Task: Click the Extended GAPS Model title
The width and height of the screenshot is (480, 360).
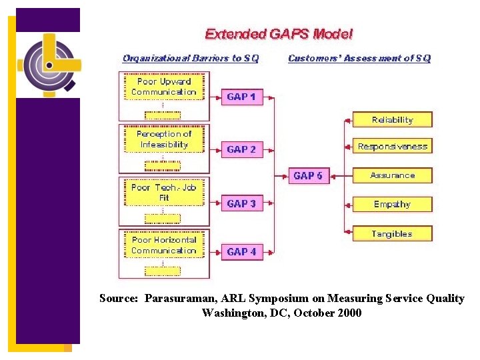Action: point(279,34)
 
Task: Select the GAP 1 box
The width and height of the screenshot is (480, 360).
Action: point(241,97)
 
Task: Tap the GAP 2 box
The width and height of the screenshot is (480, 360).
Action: point(241,150)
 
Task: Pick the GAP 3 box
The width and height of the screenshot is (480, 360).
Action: point(241,204)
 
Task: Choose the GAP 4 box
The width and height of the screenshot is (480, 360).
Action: point(241,252)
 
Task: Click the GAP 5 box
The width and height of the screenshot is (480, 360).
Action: point(308,176)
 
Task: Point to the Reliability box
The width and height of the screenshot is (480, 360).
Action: point(392,120)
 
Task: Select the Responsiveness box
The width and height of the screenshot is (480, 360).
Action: point(392,147)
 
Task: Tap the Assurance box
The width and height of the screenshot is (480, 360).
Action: point(392,175)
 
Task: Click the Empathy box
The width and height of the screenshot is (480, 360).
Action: point(392,205)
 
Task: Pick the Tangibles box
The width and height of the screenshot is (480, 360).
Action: point(392,234)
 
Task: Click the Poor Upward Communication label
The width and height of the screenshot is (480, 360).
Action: point(164,87)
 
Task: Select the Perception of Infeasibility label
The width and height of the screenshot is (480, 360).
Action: point(164,139)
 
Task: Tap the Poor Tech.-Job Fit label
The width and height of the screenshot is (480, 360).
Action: point(164,193)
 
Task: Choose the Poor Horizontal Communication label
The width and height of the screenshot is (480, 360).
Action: point(164,245)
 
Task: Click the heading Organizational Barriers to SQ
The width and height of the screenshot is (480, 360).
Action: point(191,59)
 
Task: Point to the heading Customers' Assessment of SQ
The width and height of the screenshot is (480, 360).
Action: point(359,59)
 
